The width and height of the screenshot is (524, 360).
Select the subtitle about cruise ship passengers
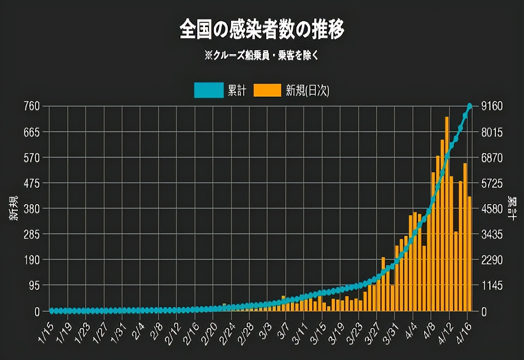(x=262, y=55)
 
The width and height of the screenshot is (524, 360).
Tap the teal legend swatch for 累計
(x=209, y=90)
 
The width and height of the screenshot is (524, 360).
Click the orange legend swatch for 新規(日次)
(x=267, y=90)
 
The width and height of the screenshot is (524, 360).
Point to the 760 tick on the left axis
(x=32, y=106)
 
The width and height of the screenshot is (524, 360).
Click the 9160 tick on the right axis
(x=492, y=106)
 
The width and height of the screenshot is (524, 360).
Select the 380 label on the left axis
(x=32, y=209)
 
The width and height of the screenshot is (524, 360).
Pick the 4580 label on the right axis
(x=492, y=209)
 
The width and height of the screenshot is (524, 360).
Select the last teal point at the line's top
(x=470, y=106)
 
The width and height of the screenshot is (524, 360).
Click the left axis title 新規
(x=14, y=209)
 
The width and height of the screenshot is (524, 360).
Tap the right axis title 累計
(x=512, y=206)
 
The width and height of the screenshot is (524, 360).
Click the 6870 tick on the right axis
(x=492, y=158)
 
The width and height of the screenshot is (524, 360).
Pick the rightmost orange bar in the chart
(x=470, y=253)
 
